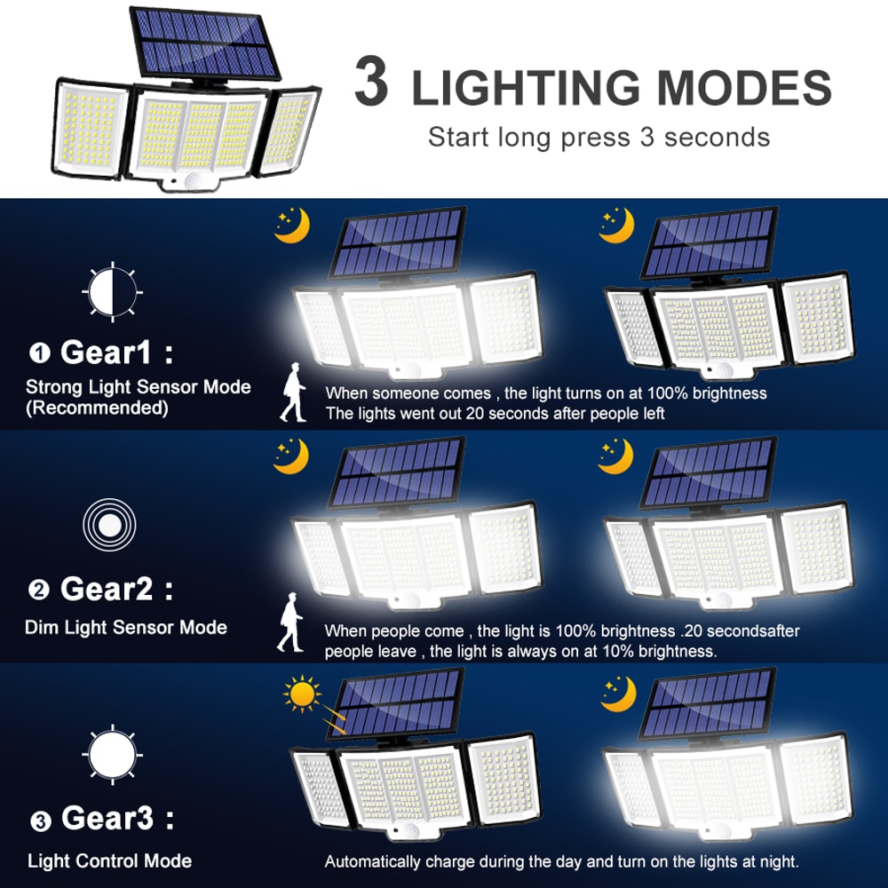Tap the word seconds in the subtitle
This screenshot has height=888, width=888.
click(x=717, y=138)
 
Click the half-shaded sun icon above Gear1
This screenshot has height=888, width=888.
click(x=111, y=289)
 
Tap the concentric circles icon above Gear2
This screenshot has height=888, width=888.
click(x=109, y=526)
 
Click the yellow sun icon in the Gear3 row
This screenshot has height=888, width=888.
click(x=303, y=694)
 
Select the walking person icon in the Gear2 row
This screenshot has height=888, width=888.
click(x=289, y=627)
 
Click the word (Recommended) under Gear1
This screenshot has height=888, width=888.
click(x=97, y=408)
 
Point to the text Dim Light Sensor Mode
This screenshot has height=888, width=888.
click(x=126, y=628)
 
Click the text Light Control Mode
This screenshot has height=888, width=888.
click(x=109, y=860)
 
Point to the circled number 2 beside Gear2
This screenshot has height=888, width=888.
click(x=39, y=590)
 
